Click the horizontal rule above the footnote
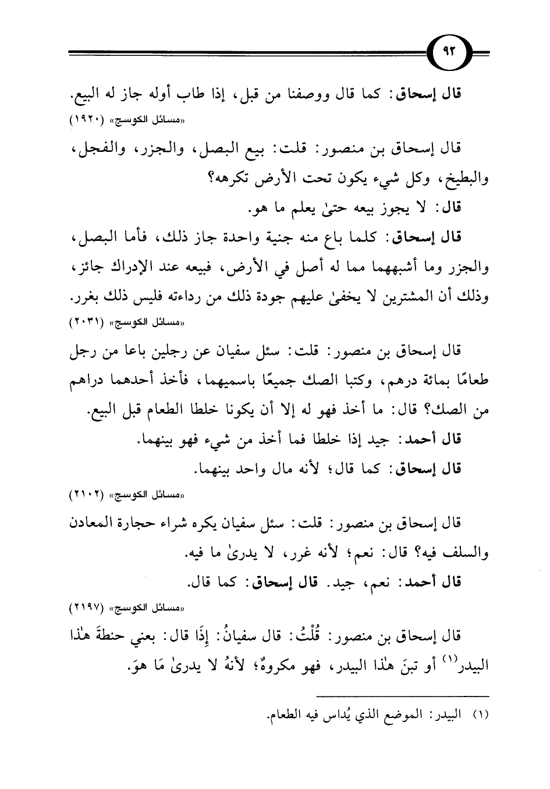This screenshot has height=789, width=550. pyautogui.click(x=402, y=696)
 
